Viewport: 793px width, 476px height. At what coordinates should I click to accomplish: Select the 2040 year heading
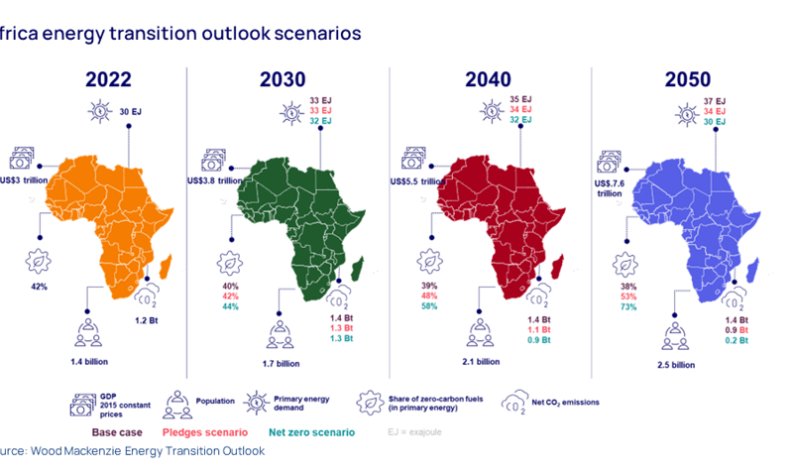click(x=483, y=79)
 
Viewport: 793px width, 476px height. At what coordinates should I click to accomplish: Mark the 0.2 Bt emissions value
click(x=735, y=339)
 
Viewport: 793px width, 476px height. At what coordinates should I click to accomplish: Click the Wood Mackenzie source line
click(x=133, y=451)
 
